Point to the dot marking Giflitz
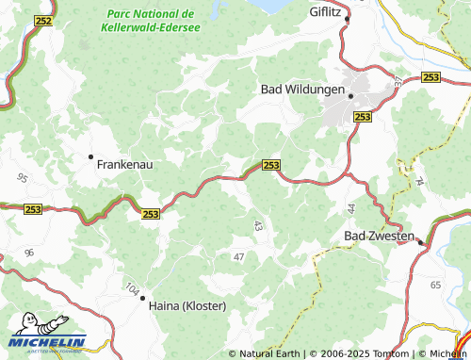tap(347, 19)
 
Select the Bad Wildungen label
tap(301, 90)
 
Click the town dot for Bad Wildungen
tap(350, 95)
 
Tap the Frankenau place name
tap(125, 163)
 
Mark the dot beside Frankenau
tap(90, 156)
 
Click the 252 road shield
tap(43, 19)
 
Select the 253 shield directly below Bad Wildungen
tap(363, 116)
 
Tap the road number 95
tap(22, 176)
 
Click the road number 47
tap(238, 256)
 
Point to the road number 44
tap(350, 207)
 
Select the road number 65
tap(435, 284)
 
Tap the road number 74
tap(419, 179)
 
